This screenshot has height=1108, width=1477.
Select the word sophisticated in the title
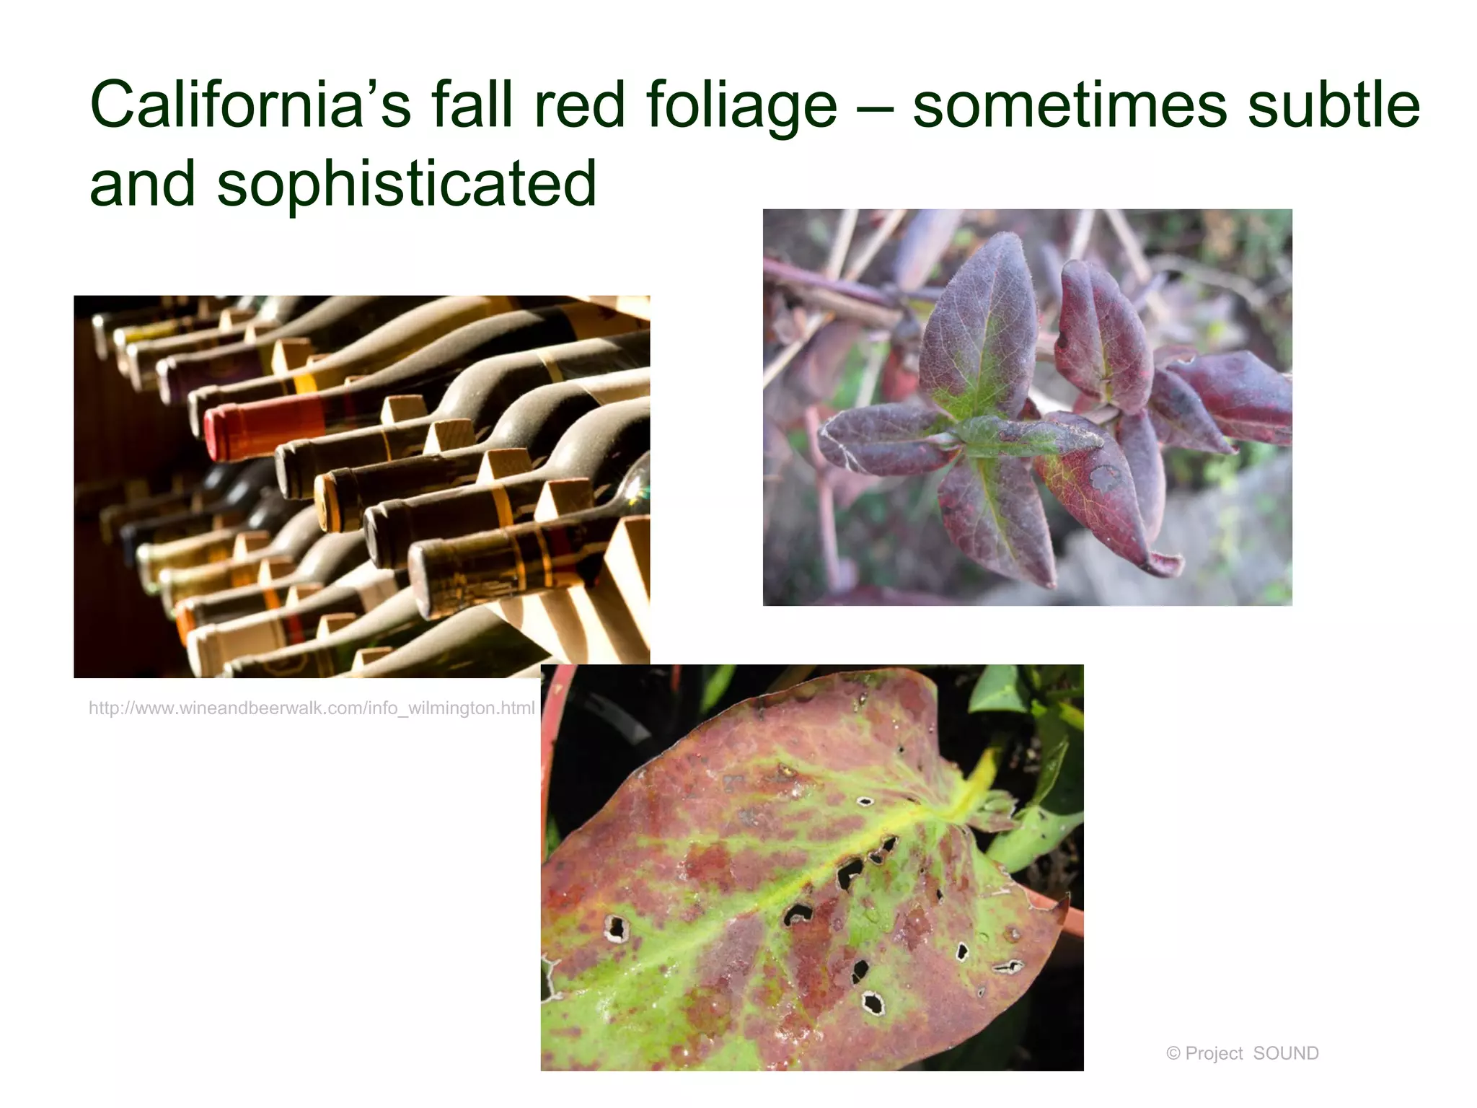(407, 185)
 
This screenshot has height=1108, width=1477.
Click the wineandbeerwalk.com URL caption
(312, 708)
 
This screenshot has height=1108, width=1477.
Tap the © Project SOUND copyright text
(1242, 1053)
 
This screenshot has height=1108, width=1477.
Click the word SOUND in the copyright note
(1286, 1053)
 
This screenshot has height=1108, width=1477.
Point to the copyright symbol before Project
(1173, 1054)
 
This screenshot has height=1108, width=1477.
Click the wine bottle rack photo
(361, 486)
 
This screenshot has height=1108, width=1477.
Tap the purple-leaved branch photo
(1027, 407)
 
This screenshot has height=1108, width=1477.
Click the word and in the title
(142, 185)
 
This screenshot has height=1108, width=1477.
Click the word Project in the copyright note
(1214, 1054)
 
